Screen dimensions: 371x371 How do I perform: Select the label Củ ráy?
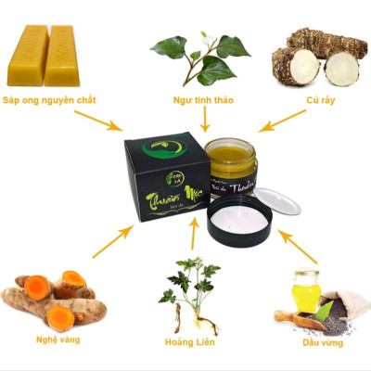click(x=320, y=98)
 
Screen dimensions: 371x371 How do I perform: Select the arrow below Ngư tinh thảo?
click(x=204, y=116)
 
